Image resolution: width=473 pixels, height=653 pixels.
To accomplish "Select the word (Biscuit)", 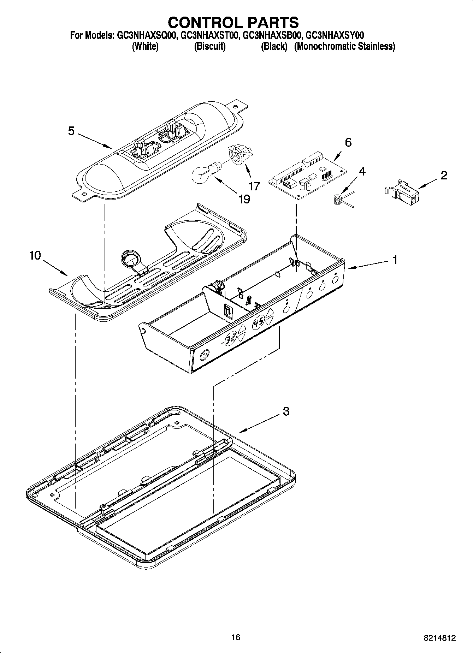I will coord(210,46).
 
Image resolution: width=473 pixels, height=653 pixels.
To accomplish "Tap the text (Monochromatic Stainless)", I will coord(344,46).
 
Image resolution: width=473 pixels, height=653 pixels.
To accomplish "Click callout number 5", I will coord(71,131).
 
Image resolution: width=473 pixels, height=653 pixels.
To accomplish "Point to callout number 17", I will coord(254,186).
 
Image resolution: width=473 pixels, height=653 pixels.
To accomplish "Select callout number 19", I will coord(244,199).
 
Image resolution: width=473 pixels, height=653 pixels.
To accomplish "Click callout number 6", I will coord(348,142).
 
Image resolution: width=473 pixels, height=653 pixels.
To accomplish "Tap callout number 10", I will coord(35,255).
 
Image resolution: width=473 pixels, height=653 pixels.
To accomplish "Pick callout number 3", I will coord(286,411).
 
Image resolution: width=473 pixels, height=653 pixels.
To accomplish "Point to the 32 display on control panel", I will coord(231,339).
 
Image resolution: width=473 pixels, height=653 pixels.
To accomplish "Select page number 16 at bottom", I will coord(236,637).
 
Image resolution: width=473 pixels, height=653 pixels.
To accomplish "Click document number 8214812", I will coord(439,638).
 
